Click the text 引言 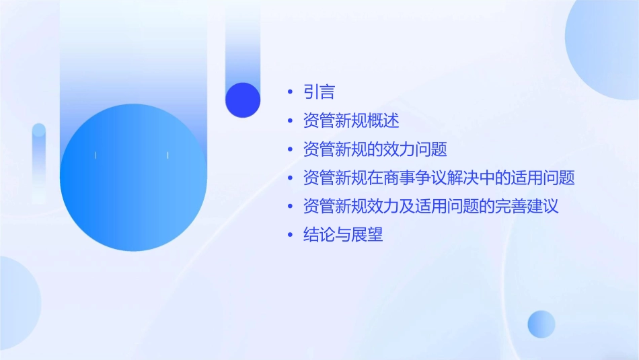tap(319, 92)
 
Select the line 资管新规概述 tap(351, 121)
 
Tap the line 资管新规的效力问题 tap(375, 149)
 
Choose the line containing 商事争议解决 tap(439, 178)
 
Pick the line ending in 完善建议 tap(431, 207)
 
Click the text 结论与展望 tap(343, 236)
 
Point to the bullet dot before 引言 tap(290, 92)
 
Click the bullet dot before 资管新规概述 tap(290, 121)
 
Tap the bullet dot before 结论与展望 tap(290, 236)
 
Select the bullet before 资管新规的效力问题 tap(290, 149)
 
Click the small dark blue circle tap(243, 100)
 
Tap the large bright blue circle tap(133, 178)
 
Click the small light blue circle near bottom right tap(541, 324)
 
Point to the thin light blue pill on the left tap(39, 161)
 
